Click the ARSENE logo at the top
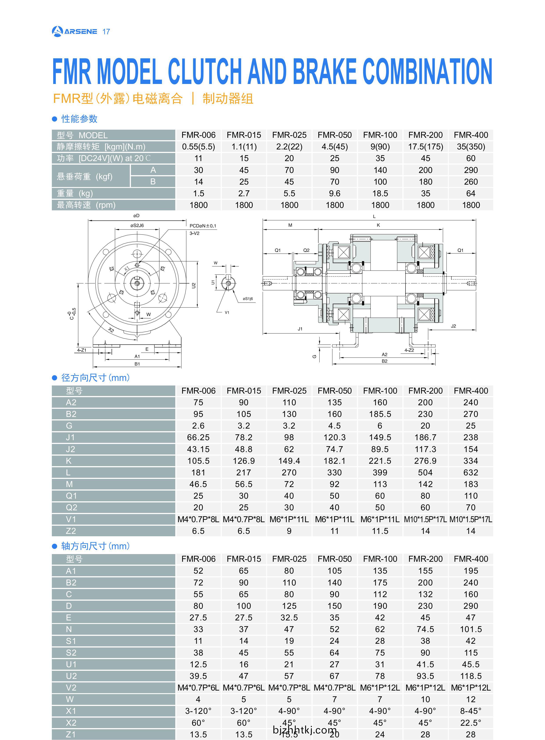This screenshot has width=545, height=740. pos(74,31)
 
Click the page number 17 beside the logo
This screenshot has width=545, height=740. pos(106,32)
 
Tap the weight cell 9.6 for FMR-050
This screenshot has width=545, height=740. pos(335,193)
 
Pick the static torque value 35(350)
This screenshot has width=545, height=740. pos(471,147)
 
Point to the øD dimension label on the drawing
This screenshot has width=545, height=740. pos(136,216)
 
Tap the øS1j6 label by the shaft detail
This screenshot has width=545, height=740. pos(248,299)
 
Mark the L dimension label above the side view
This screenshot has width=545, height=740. pos(374,216)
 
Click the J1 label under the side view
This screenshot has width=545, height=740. pos(300,329)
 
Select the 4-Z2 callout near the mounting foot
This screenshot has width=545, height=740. pos(409,350)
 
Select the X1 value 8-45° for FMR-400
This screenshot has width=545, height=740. pos(471,711)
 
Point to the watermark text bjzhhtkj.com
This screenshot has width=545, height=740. pos(304,729)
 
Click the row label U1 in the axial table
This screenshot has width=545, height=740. pos(71,664)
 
